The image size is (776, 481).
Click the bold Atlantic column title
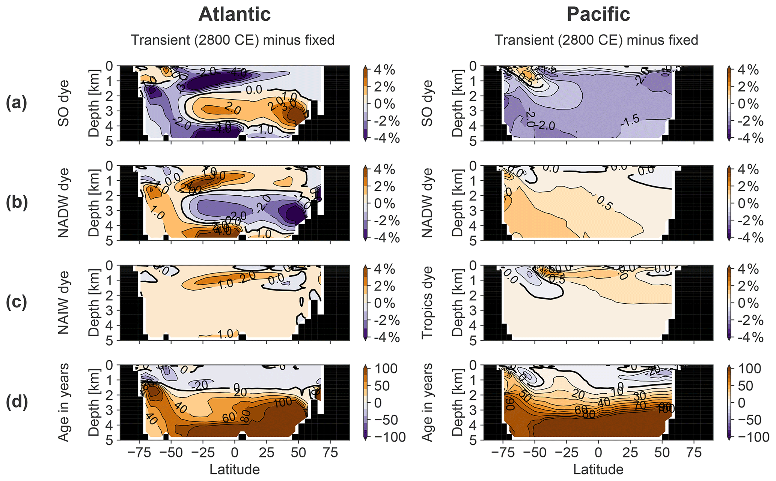tap(234, 14)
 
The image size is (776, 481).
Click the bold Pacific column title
tap(598, 14)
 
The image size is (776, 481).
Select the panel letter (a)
tap(17, 103)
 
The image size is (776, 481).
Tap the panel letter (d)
tap(17, 402)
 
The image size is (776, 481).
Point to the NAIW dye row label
tap(63, 303)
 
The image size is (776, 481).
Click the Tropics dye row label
tap(427, 303)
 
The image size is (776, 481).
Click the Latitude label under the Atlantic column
tap(234, 469)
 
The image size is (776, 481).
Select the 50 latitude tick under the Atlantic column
tap(298, 453)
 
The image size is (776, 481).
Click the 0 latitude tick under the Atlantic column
tap(235, 453)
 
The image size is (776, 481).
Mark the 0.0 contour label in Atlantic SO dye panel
tap(254, 90)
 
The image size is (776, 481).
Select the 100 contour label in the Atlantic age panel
tap(282, 402)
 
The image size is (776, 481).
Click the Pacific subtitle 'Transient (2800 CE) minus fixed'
tap(596, 40)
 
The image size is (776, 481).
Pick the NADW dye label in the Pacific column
tap(427, 203)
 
